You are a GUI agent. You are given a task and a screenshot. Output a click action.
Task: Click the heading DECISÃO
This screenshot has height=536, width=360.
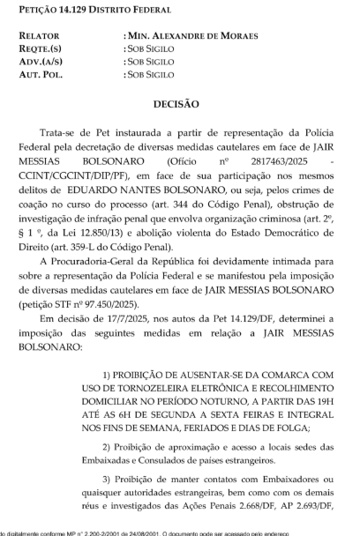(x=177, y=103)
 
